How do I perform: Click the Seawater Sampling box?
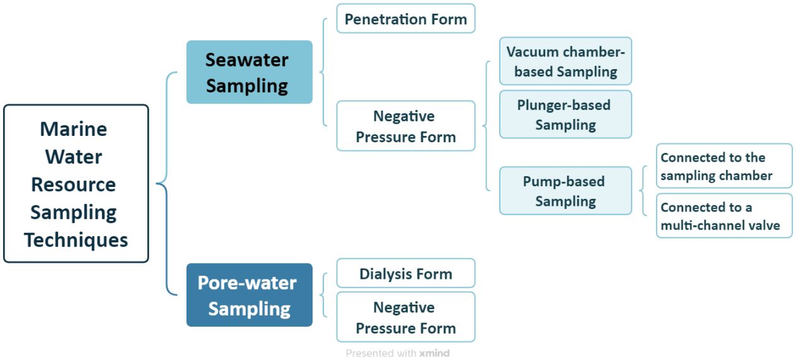pyautogui.click(x=249, y=72)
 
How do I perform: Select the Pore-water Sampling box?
pyautogui.click(x=249, y=295)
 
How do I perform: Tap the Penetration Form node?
pyautogui.click(x=405, y=19)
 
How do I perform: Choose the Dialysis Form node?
pyautogui.click(x=405, y=273)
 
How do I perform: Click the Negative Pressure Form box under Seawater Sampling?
pyautogui.click(x=405, y=127)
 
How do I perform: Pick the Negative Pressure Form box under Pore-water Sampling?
pyautogui.click(x=405, y=318)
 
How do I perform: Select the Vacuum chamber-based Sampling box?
pyautogui.click(x=565, y=61)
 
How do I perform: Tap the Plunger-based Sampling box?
pyautogui.click(x=565, y=115)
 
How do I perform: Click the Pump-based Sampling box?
pyautogui.click(x=565, y=191)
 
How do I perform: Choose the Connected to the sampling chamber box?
pyautogui.click(x=724, y=166)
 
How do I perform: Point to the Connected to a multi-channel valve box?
pyautogui.click(x=724, y=216)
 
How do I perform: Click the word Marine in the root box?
pyautogui.click(x=74, y=128)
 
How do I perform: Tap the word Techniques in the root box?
pyautogui.click(x=76, y=239)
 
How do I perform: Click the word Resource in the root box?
pyautogui.click(x=74, y=184)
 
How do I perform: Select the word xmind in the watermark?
pyautogui.click(x=434, y=353)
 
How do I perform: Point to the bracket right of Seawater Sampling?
pyautogui.click(x=323, y=72)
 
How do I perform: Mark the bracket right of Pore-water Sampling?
pyautogui.click(x=323, y=295)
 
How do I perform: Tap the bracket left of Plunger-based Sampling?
pyautogui.click(x=487, y=126)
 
